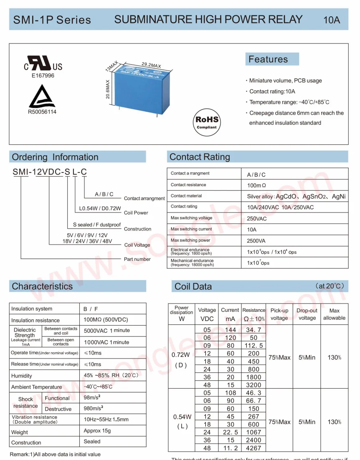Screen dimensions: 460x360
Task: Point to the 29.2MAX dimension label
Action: pyautogui.click(x=151, y=65)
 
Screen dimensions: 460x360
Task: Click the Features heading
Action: pyautogui.click(x=268, y=59)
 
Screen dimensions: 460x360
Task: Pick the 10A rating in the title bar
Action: pyautogui.click(x=332, y=20)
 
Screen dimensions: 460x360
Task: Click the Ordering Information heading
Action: pyautogui.click(x=55, y=157)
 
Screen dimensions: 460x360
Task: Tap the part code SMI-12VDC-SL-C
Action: pyautogui.click(x=50, y=172)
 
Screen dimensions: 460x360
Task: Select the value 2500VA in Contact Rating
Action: pyautogui.click(x=256, y=241)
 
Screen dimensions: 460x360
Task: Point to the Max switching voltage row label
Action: pyautogui.click(x=191, y=218)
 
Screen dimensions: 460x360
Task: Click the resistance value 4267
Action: pyautogui.click(x=254, y=448)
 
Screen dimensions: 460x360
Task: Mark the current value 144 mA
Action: pyautogui.click(x=230, y=330)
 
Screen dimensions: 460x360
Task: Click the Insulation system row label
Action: pyautogui.click(x=32, y=309)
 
